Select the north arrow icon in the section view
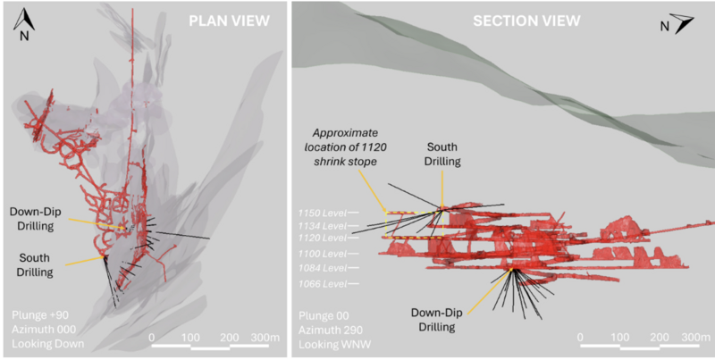677,23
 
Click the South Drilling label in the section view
443,154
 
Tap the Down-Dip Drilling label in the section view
440,320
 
